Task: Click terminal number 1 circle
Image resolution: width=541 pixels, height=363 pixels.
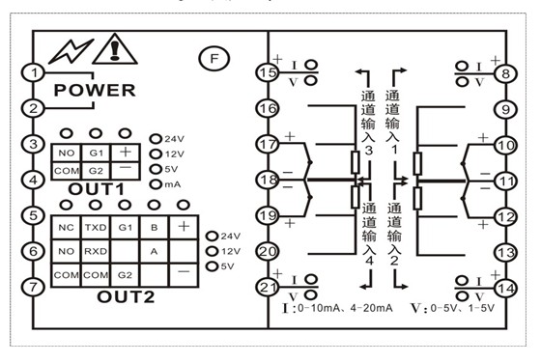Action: coord(34,71)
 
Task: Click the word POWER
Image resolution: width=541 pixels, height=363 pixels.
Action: coord(95,91)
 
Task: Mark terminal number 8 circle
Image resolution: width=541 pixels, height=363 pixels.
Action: coord(503,72)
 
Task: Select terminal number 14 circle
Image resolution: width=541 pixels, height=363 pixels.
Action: coord(503,286)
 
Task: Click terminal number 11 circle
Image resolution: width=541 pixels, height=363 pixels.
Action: coord(503,180)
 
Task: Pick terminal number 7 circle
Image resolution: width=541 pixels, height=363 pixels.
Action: coord(34,287)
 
